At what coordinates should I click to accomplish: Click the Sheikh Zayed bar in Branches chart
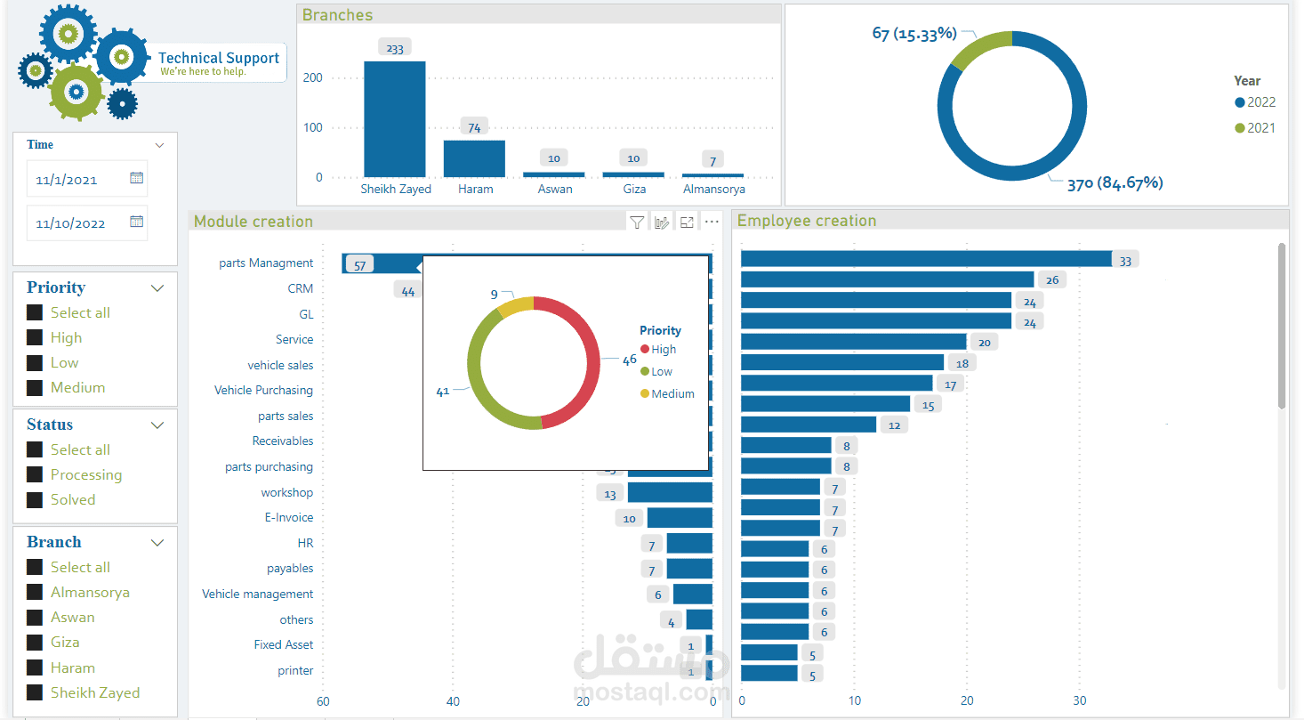[395, 119]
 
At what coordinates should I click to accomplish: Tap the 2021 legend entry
[1255, 128]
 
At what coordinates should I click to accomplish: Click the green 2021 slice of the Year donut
[979, 49]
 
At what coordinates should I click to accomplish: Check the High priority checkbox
[35, 337]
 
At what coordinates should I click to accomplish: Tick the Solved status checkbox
[35, 499]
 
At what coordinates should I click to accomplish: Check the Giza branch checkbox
[35, 642]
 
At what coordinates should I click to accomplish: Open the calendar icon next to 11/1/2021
[136, 178]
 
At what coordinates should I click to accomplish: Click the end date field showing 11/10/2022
[71, 223]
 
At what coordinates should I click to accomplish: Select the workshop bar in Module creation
[669, 492]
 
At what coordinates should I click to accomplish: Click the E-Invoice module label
[289, 517]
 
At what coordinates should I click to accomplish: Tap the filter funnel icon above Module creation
[637, 222]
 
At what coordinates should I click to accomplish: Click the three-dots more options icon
[712, 222]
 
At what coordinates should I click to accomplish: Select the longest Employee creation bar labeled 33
[926, 259]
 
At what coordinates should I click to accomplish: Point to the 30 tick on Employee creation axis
[1080, 700]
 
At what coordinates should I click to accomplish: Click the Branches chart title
[337, 15]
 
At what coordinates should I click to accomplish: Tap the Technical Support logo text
[219, 59]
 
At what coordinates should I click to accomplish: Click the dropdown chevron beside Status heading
[157, 425]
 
